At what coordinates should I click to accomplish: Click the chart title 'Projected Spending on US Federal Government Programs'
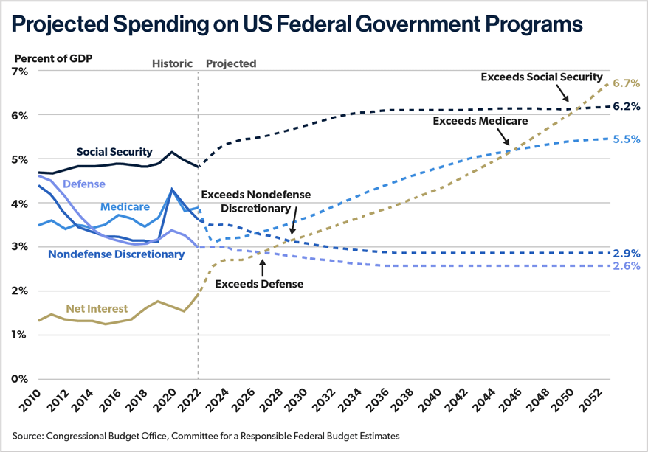(x=297, y=24)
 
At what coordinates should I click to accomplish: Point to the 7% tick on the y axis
(x=18, y=72)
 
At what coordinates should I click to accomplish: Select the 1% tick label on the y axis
(x=18, y=335)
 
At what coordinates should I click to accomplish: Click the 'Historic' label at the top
(x=172, y=63)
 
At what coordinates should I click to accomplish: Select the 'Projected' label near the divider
(x=231, y=63)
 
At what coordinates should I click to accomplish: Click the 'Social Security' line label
(x=114, y=152)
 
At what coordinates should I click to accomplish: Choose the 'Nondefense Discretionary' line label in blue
(x=116, y=254)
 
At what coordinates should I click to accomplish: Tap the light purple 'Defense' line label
(x=83, y=184)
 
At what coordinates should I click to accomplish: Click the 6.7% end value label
(x=626, y=83)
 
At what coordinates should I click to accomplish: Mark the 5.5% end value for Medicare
(x=626, y=139)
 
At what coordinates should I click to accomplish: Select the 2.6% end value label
(x=626, y=266)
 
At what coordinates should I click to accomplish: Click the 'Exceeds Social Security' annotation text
(x=542, y=77)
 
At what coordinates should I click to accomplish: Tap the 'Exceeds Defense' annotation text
(x=259, y=282)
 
